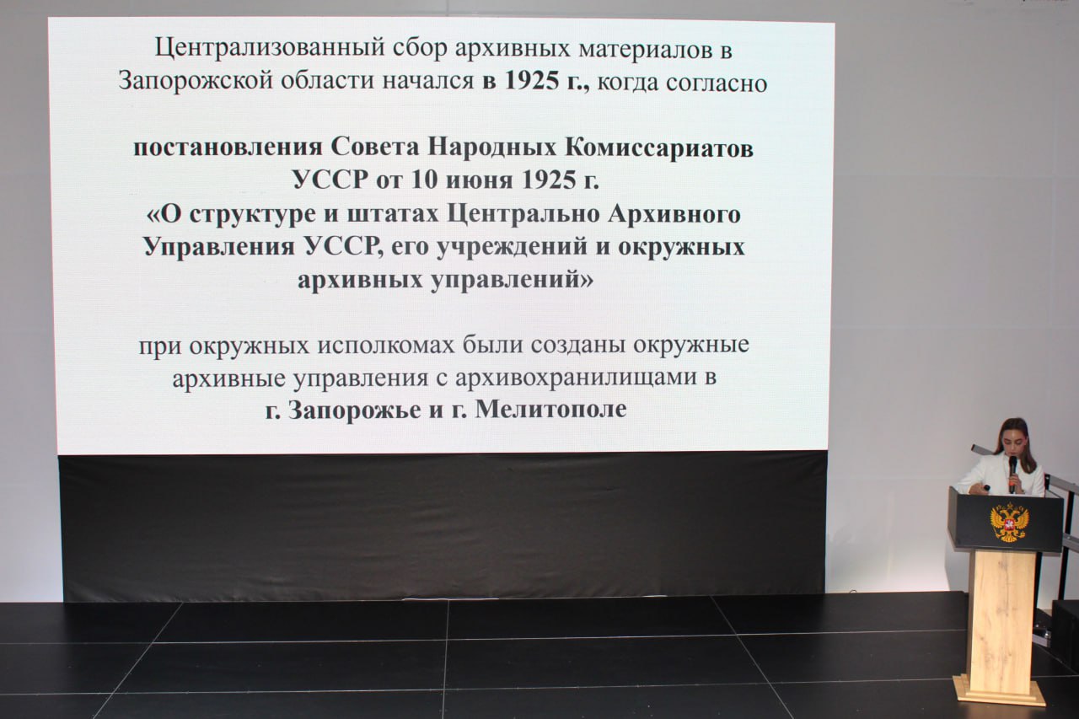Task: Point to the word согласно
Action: pyautogui.click(x=717, y=83)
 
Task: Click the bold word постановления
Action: pyautogui.click(x=228, y=148)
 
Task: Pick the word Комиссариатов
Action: pyautogui.click(x=659, y=148)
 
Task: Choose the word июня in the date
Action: pyautogui.click(x=479, y=181)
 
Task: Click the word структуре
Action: pyautogui.click(x=252, y=214)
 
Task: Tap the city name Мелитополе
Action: pyautogui.click(x=551, y=410)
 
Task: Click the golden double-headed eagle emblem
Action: pyautogui.click(x=1010, y=522)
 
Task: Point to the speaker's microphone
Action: pyautogui.click(x=1012, y=474)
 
